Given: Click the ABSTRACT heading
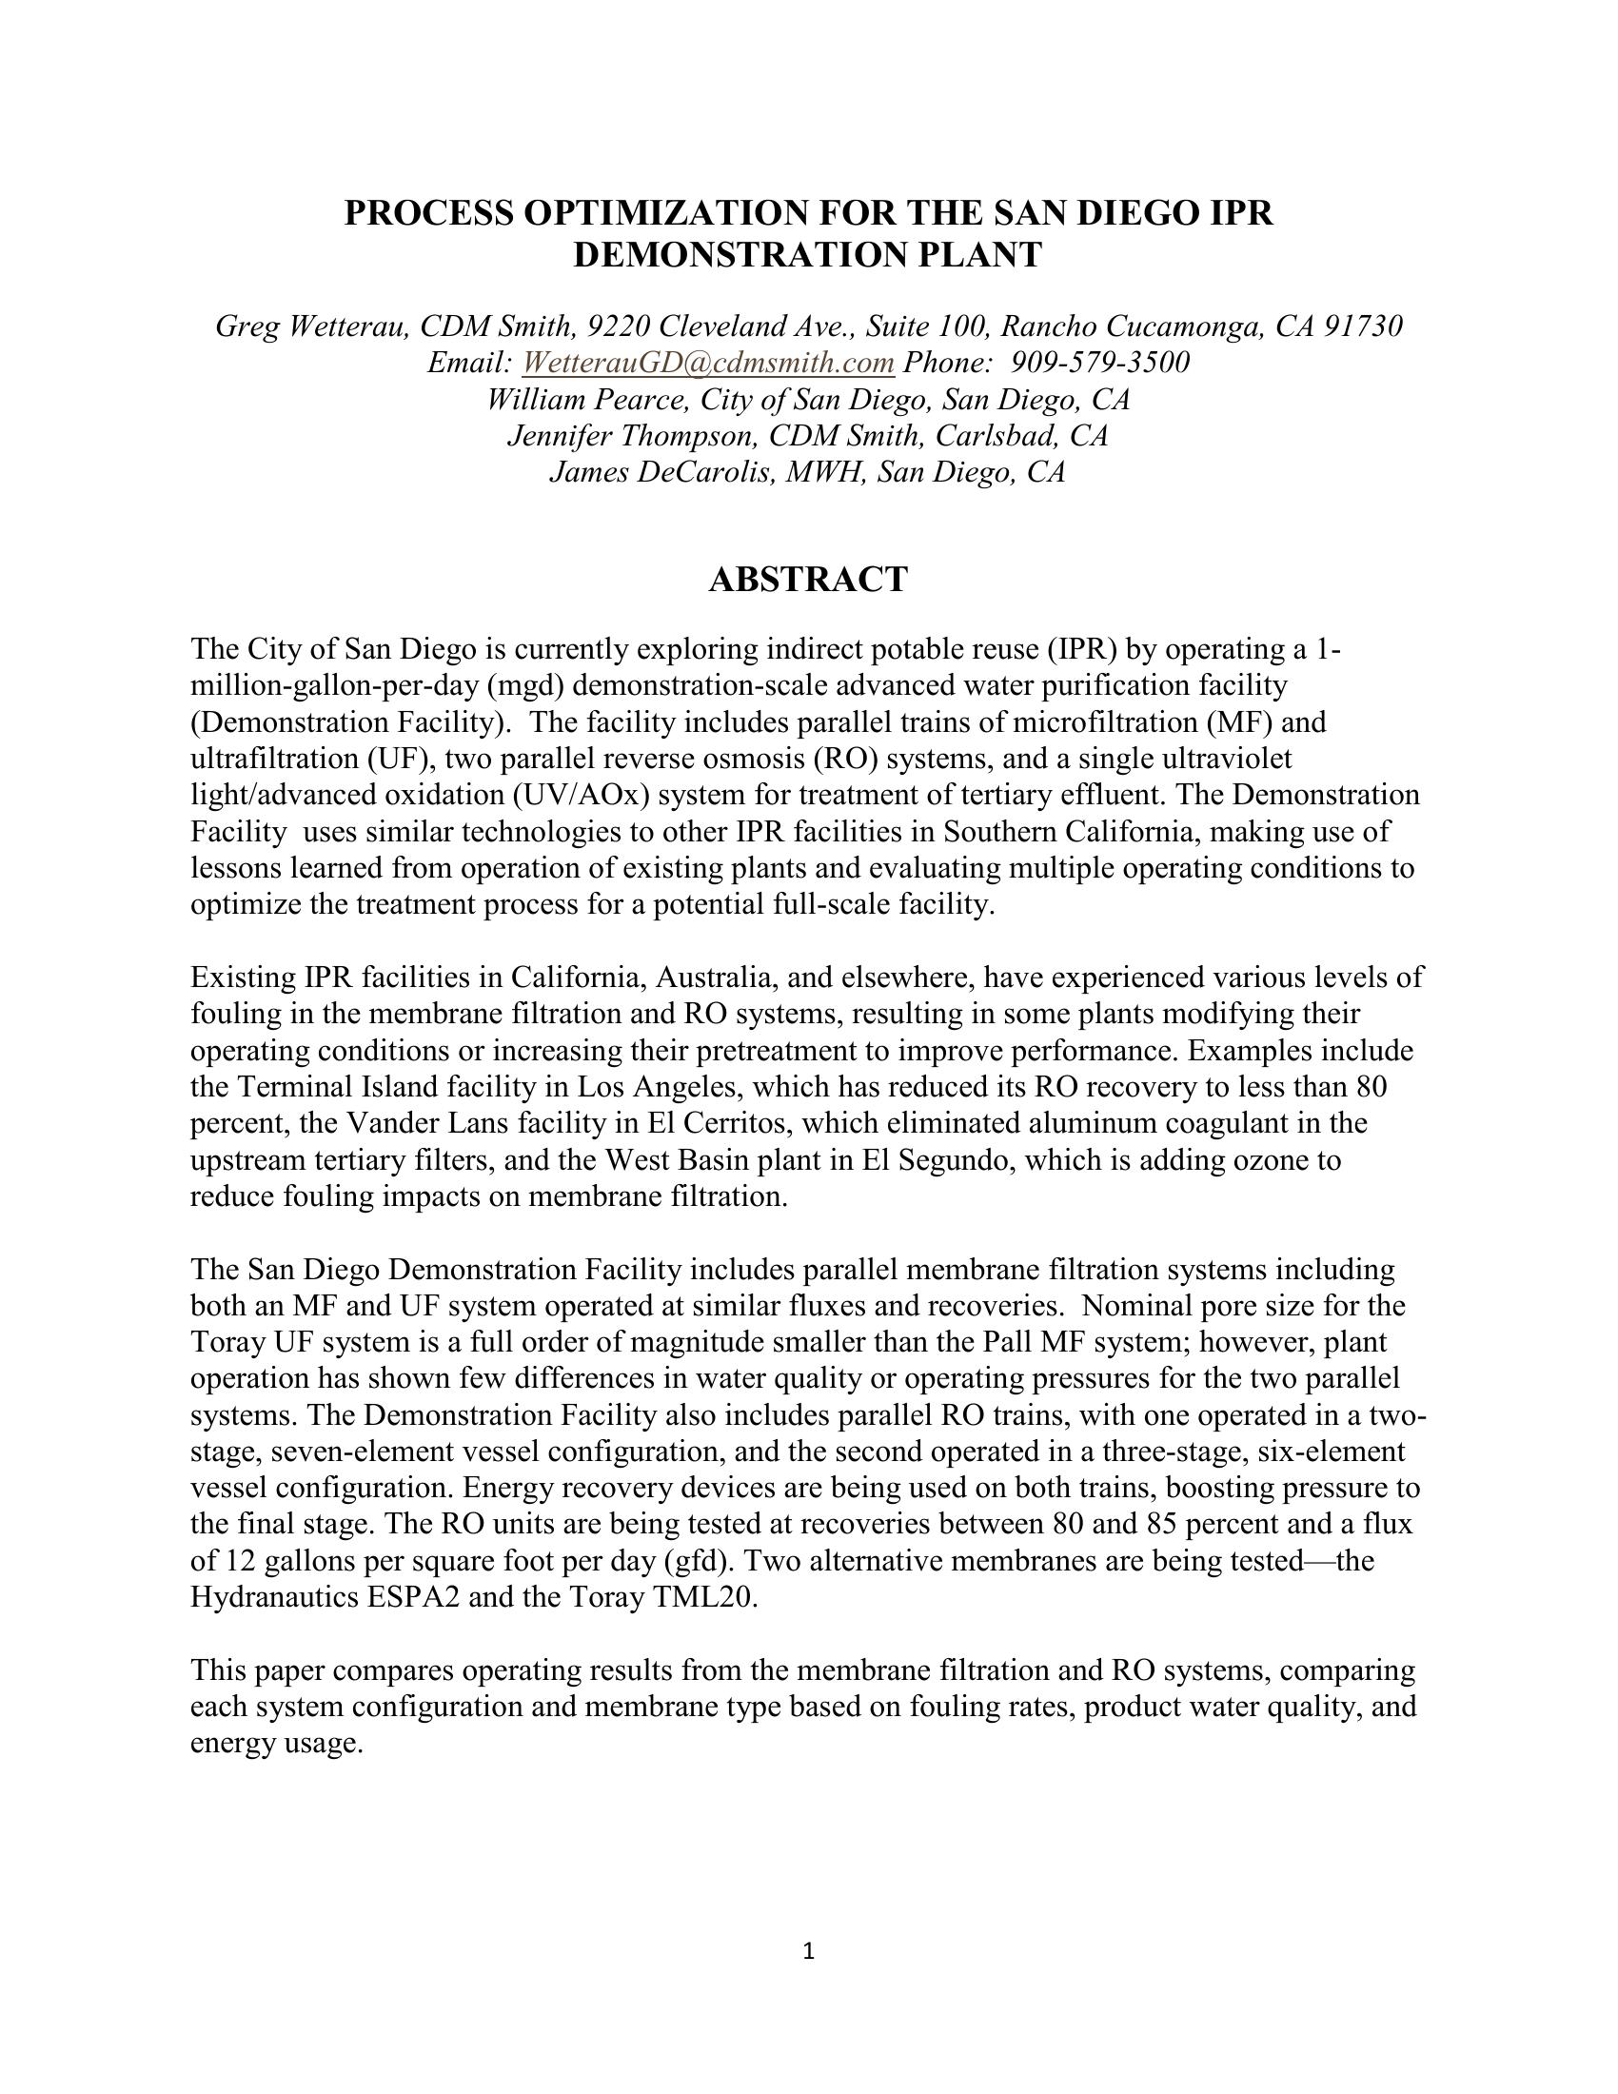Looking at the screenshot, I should coord(807,580).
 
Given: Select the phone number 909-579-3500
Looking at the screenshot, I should coord(1100,363).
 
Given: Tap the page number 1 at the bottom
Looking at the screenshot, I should coord(808,1950).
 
